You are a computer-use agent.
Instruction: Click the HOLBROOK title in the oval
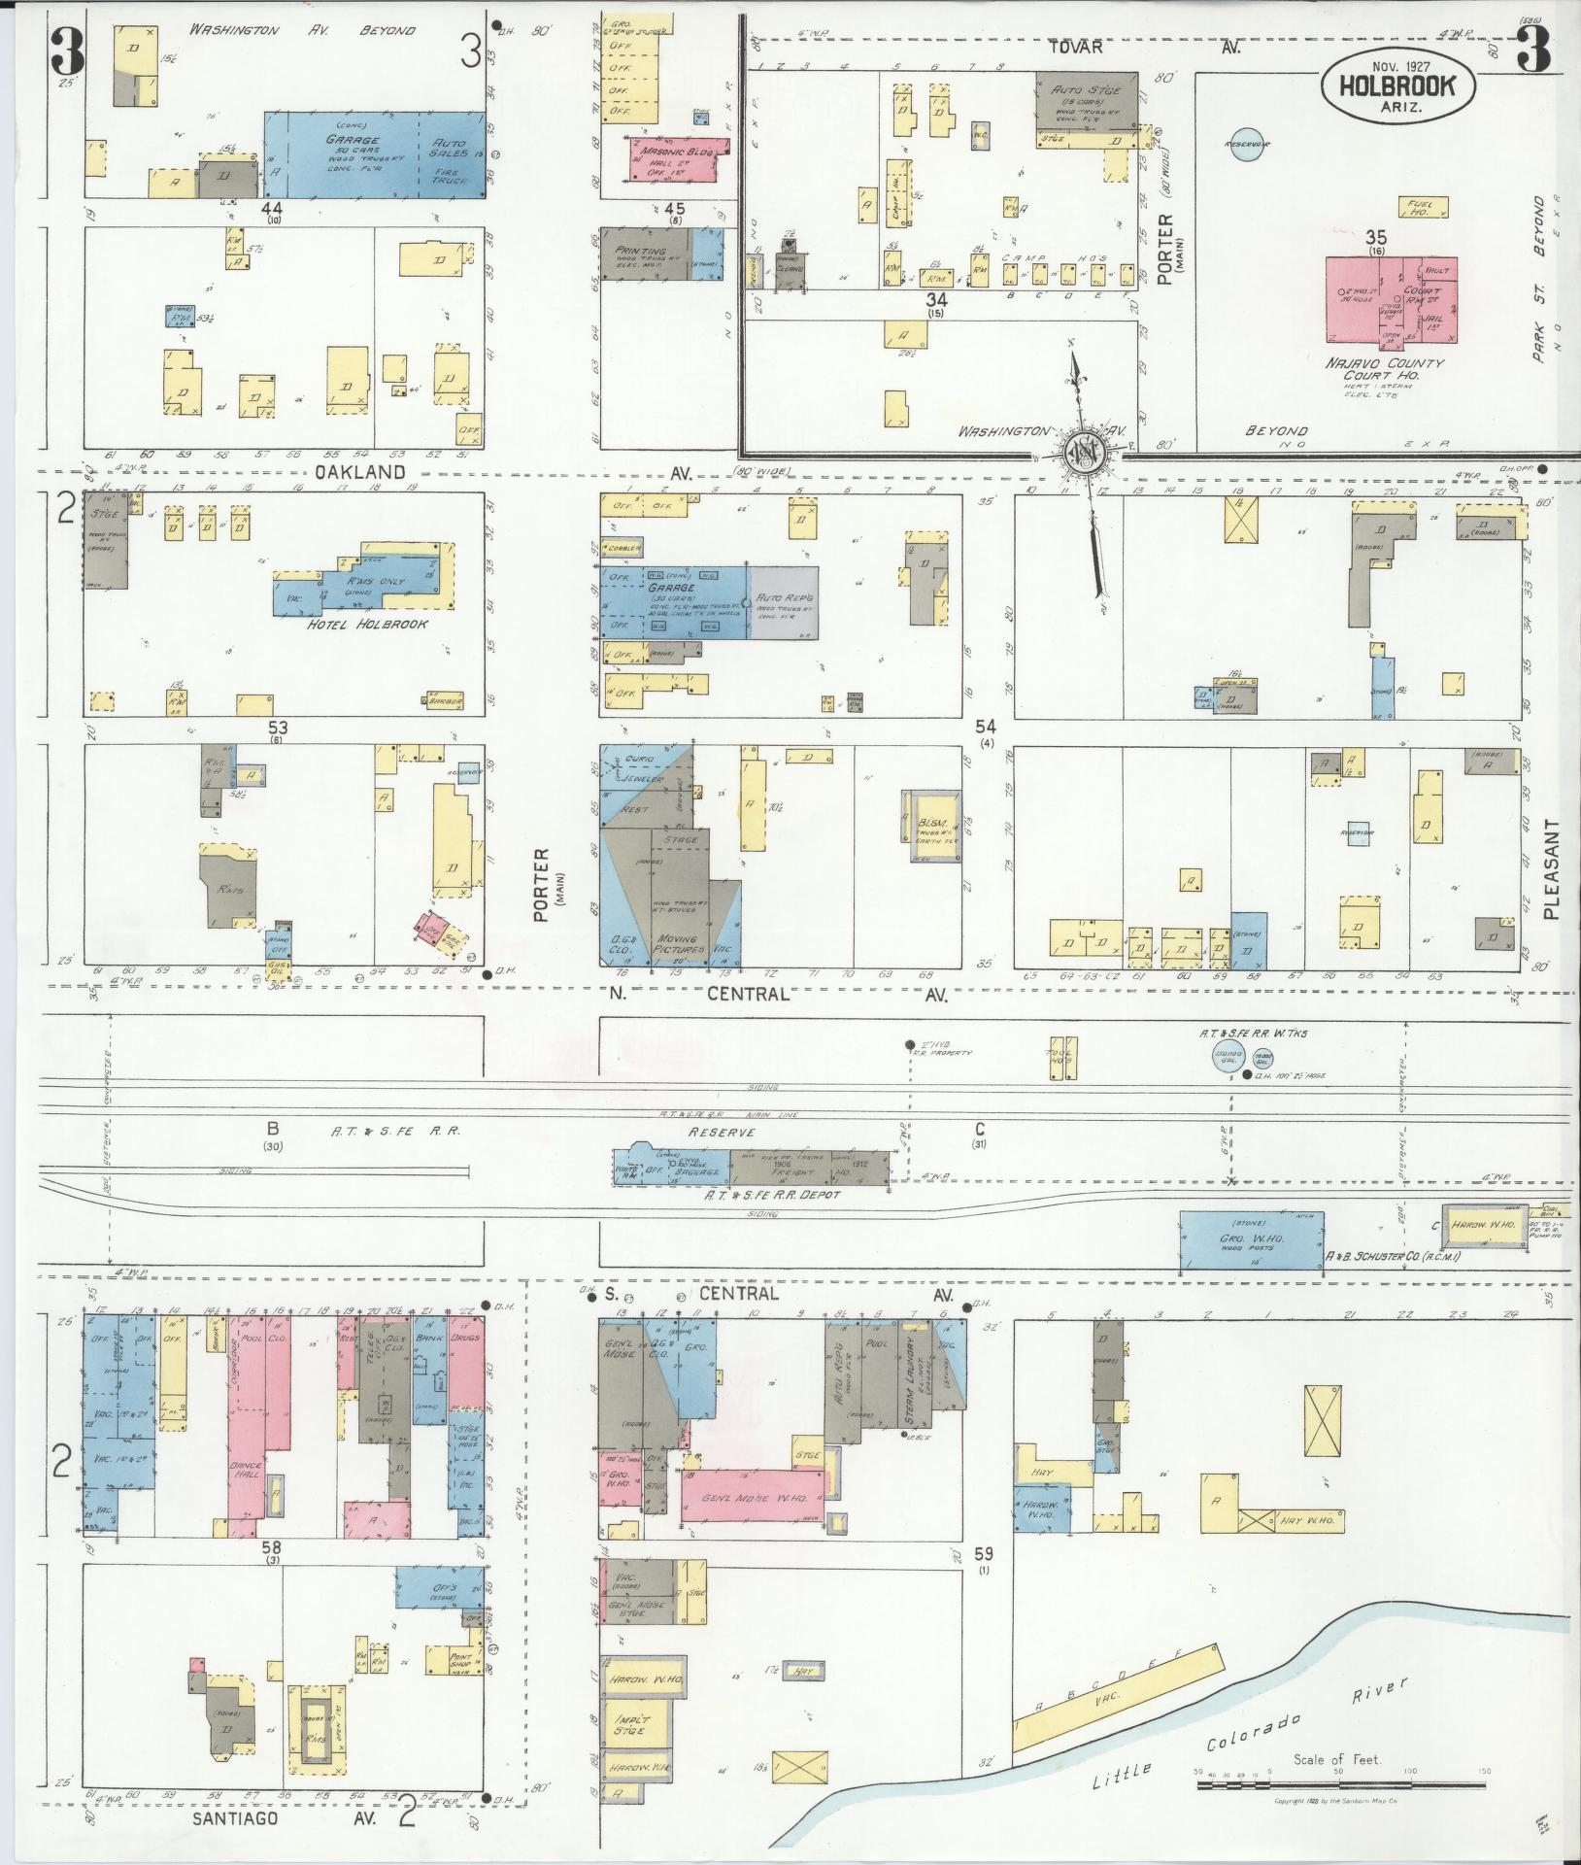tap(1397, 85)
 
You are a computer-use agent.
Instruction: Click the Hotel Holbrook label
tap(367, 624)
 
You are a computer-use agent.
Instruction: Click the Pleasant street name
tap(1551, 868)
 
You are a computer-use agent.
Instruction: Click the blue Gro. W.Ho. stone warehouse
tap(1251, 1240)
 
